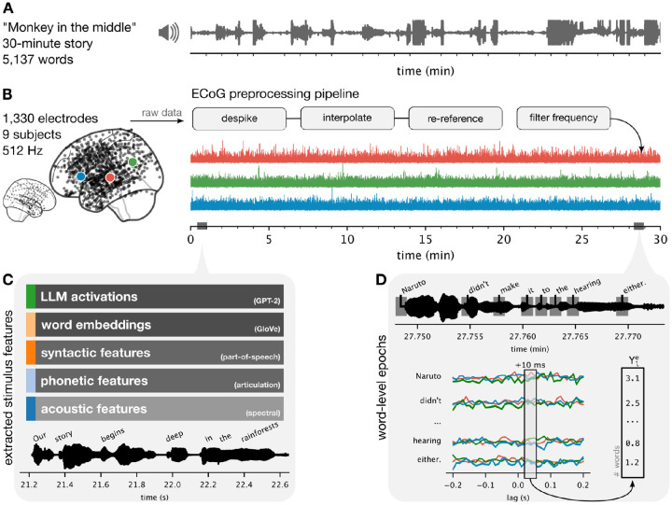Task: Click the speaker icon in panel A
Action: pos(169,34)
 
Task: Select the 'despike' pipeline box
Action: pos(245,119)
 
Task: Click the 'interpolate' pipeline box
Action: pos(355,119)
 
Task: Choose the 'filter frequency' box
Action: pos(565,119)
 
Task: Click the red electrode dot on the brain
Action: pos(110,176)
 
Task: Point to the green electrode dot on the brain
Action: pos(134,162)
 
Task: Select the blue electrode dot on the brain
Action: pos(81,175)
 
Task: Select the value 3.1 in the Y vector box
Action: pos(635,379)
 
